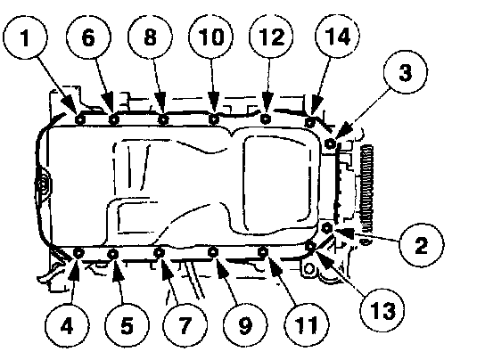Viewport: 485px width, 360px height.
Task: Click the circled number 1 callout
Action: pyautogui.click(x=25, y=37)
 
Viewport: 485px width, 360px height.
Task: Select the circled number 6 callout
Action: pyautogui.click(x=88, y=37)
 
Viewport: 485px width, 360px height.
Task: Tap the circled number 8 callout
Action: pyautogui.click(x=151, y=37)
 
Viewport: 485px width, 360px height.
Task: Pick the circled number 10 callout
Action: pyautogui.click(x=211, y=37)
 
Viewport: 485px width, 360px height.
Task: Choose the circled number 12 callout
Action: pyautogui.click(x=271, y=37)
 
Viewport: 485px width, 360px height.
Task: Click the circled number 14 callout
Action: pyautogui.click(x=337, y=37)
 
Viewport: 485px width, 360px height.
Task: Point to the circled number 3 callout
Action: pyautogui.click(x=406, y=72)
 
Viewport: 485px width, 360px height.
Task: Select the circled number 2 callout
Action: pyautogui.click(x=422, y=245)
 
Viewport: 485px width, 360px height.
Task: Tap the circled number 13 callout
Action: pyautogui.click(x=382, y=310)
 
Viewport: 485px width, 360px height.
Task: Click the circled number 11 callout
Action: pyautogui.click(x=307, y=324)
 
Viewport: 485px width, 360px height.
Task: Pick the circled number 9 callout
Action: pyautogui.click(x=245, y=324)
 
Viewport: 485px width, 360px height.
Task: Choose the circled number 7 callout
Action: pyautogui.click(x=185, y=324)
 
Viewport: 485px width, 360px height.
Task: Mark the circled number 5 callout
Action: pyautogui.click(x=127, y=325)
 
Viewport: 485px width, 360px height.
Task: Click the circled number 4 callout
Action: pyautogui.click(x=67, y=325)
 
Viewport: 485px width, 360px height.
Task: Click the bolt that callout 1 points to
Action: pyautogui.click(x=80, y=119)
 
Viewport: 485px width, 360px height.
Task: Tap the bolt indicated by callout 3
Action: pyautogui.click(x=331, y=143)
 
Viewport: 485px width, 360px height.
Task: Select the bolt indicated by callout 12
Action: pyautogui.click(x=265, y=119)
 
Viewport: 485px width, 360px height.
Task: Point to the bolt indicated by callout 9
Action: pyautogui.click(x=212, y=252)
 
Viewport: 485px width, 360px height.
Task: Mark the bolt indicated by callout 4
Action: pyautogui.click(x=78, y=253)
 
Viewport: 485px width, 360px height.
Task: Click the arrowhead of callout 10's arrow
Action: pyautogui.click(x=213, y=103)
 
